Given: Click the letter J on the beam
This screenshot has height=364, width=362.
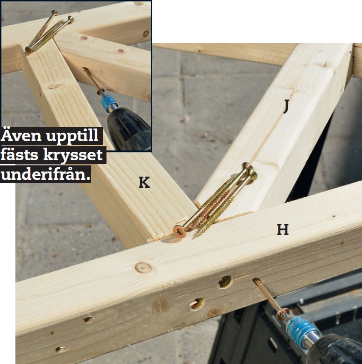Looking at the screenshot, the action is (x=286, y=107).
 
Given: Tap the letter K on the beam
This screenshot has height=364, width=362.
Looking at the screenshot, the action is (x=144, y=182).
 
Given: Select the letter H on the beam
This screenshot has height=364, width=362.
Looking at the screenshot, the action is (x=283, y=229).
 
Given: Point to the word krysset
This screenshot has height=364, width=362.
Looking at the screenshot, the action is (x=72, y=155).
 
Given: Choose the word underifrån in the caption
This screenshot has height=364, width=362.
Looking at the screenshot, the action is (x=45, y=174).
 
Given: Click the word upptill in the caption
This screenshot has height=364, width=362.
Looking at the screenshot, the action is (x=72, y=136).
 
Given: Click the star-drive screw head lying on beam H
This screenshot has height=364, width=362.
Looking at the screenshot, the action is (x=179, y=231).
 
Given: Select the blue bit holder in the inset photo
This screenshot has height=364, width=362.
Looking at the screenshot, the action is (x=107, y=102).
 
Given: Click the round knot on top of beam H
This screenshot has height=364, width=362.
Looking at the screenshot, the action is (x=143, y=267).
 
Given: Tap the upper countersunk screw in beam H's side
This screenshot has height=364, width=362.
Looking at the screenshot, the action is (x=226, y=282).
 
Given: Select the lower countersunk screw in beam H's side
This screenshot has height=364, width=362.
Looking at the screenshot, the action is (x=197, y=304).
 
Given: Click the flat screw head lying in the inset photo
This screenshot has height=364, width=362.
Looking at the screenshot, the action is (x=29, y=49).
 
